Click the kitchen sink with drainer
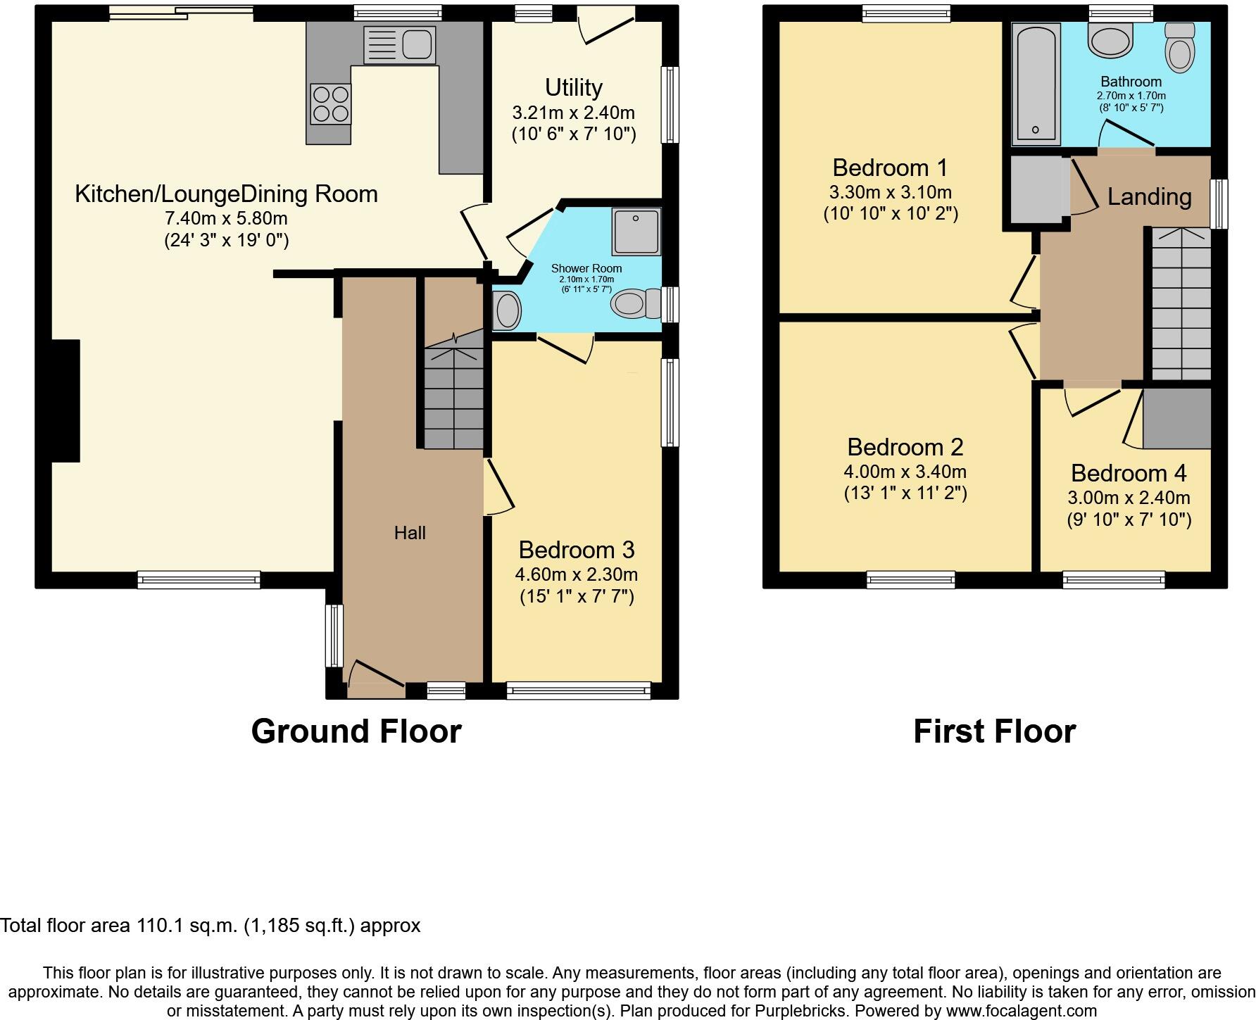point(398,46)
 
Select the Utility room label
point(573,88)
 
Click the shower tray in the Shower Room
point(636,231)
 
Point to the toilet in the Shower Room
point(635,305)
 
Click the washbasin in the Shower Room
point(506,310)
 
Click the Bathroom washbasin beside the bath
point(1110,40)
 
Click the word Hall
point(410,533)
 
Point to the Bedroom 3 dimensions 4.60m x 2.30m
point(576,574)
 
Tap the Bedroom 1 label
point(890,168)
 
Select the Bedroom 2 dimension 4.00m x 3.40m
point(905,472)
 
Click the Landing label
point(1149,197)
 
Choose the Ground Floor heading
point(356,731)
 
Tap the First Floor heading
point(994,731)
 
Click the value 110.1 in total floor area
point(162,925)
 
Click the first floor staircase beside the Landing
point(1181,306)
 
